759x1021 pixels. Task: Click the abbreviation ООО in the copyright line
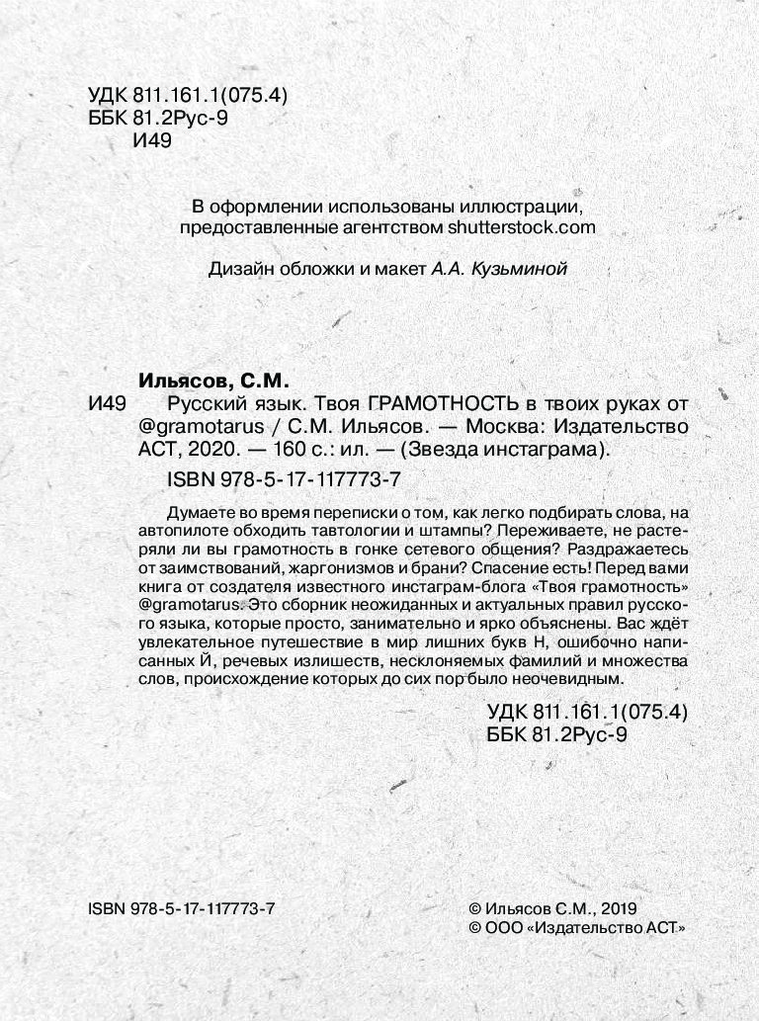coord(505,927)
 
